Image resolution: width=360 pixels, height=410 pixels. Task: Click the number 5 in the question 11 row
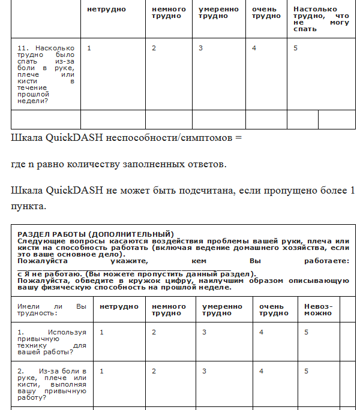pos(296,48)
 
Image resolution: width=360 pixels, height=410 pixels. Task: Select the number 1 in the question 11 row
pos(89,48)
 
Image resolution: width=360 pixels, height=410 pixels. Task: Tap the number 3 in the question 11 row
pos(200,48)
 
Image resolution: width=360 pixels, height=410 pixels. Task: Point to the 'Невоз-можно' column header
pos(318,309)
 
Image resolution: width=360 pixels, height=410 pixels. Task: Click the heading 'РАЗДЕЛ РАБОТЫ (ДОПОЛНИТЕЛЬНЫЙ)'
pos(95,234)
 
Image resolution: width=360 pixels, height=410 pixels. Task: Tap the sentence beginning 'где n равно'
pos(119,164)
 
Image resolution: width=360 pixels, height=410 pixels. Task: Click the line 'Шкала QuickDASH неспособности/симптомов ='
pos(125,137)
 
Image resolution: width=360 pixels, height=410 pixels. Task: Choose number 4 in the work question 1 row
pos(261,332)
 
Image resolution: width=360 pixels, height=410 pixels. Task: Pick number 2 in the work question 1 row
pos(154,332)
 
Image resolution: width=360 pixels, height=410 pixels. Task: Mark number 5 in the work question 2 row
pos(307,371)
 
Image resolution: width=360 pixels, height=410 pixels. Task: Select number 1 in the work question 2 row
pos(102,371)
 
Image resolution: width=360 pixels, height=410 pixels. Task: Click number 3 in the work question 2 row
pos(204,371)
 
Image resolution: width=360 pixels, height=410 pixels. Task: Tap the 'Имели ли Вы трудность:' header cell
pos(52,309)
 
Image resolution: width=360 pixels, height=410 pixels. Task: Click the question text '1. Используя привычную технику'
pos(52,342)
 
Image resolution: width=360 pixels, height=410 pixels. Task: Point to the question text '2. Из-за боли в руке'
pos(52,384)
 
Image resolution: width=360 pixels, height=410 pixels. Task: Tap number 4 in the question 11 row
pos(254,48)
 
